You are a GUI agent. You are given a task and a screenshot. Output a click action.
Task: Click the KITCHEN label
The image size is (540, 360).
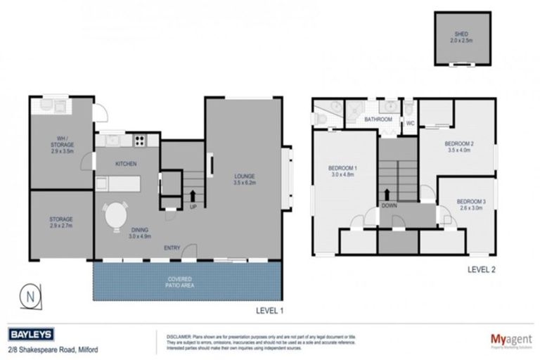[126, 163]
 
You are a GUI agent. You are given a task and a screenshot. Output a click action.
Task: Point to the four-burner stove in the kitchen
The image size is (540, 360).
[139, 139]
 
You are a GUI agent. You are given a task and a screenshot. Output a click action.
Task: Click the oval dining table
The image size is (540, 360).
[117, 216]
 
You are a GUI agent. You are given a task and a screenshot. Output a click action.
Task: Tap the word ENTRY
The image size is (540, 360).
[172, 247]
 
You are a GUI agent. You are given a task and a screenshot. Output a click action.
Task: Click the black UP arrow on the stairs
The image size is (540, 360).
[193, 194]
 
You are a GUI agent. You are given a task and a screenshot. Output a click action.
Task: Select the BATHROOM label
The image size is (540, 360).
[378, 120]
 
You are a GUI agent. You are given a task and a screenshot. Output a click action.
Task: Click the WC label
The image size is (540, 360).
[409, 124]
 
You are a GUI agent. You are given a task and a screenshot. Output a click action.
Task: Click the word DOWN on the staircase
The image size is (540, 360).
[390, 206]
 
